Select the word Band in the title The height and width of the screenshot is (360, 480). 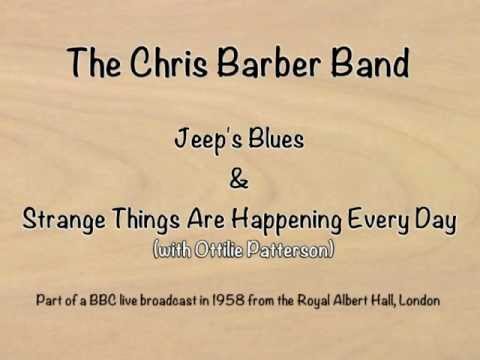tap(364, 64)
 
